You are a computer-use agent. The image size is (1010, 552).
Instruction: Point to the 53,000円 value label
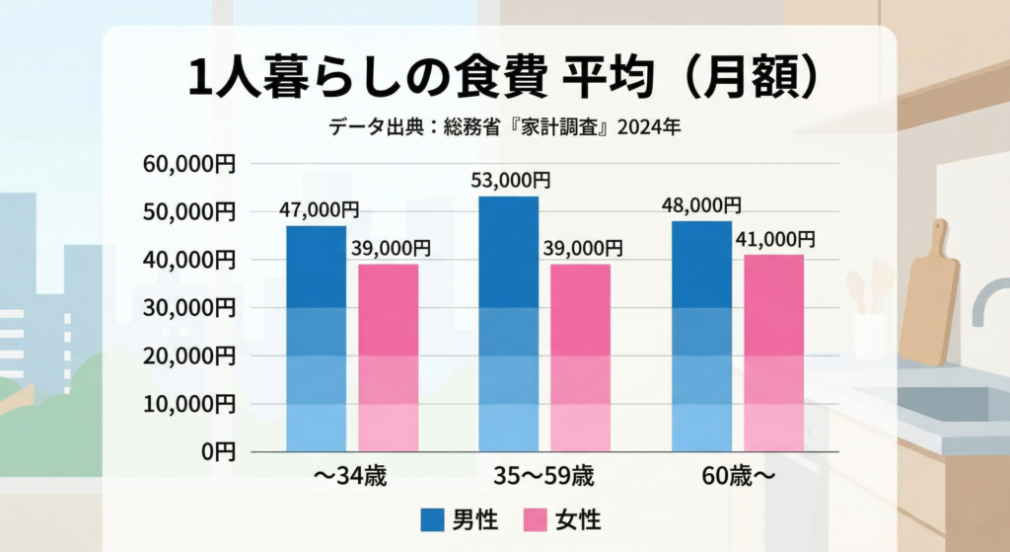point(511,181)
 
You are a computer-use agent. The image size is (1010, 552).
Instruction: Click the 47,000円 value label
point(319,210)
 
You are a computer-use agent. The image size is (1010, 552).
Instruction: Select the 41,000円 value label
point(775,239)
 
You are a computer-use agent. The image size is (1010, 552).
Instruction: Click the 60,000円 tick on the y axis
point(189,164)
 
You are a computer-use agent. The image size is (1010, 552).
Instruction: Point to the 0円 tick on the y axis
point(219,452)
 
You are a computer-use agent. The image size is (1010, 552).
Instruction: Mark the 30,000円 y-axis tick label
point(189,308)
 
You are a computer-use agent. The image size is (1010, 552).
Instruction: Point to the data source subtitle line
point(505,127)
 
